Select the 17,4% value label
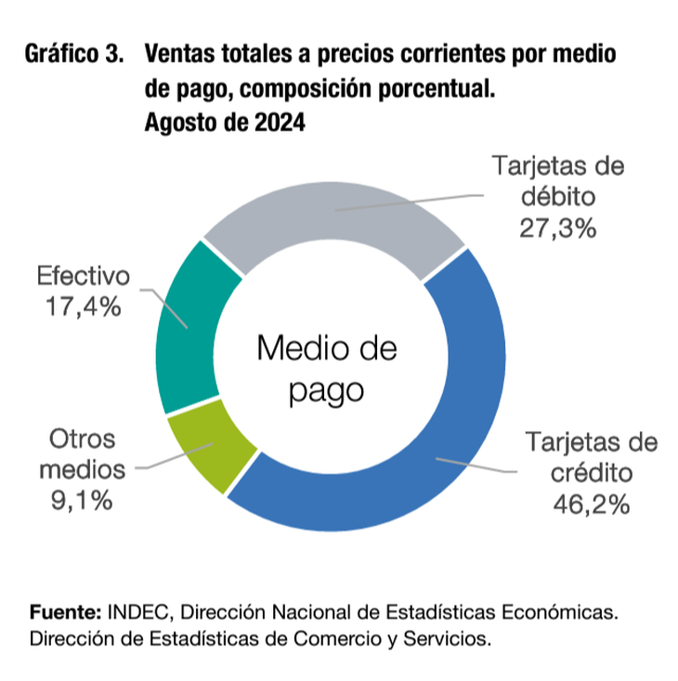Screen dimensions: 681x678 coord(83,306)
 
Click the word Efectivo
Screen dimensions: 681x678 coord(83,276)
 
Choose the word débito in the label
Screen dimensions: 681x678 coord(556,197)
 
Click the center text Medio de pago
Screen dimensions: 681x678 coord(326,369)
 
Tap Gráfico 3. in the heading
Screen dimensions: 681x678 coord(74,53)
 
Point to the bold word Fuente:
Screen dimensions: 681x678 coord(65,612)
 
